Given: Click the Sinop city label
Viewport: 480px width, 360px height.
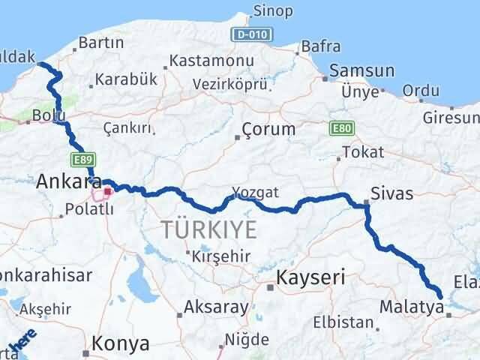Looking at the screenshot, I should [x=273, y=10].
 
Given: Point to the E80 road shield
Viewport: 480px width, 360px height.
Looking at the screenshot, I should [x=338, y=129].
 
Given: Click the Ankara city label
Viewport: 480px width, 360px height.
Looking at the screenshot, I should [x=69, y=181].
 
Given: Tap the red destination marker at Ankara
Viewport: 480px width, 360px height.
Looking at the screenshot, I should [x=108, y=191].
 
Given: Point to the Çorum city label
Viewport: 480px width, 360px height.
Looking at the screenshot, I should [x=269, y=129].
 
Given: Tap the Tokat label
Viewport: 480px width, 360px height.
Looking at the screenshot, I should [x=362, y=153].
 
